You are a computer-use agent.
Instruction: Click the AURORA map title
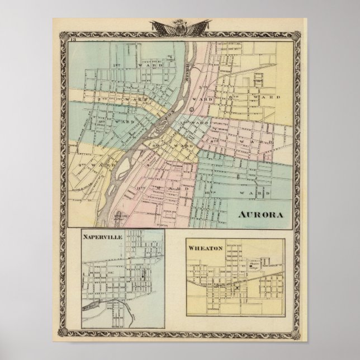[x=260, y=215]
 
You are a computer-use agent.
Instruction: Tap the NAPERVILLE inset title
[x=100, y=236]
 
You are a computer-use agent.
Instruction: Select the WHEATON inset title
[x=206, y=247]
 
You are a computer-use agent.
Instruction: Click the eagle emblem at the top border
[x=180, y=26]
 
